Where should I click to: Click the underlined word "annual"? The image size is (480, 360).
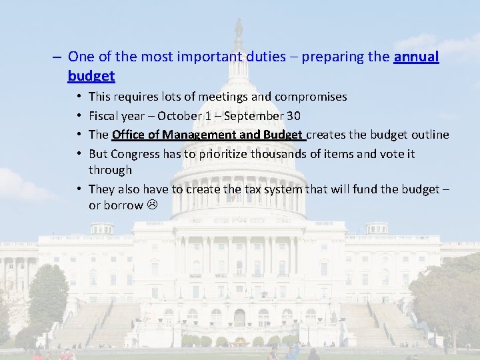416,57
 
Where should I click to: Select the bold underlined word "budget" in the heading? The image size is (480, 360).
91,76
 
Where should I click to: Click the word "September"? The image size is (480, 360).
256,116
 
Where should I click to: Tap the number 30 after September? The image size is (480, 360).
293,116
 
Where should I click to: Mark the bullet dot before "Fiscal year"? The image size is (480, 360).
80,116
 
